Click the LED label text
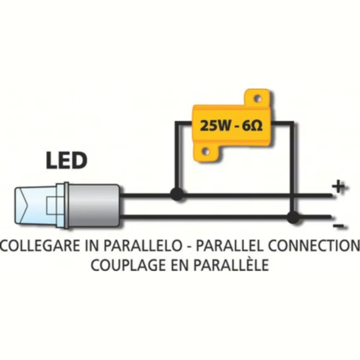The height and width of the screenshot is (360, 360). (x=67, y=161)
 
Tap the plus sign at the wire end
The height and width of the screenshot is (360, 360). (x=339, y=187)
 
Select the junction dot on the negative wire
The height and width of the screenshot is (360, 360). (x=292, y=216)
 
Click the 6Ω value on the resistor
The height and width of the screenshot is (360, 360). (x=252, y=126)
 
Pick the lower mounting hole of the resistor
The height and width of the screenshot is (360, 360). (x=206, y=152)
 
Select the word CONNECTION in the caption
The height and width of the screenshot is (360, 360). (x=314, y=246)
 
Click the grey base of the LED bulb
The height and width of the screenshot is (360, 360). (x=94, y=205)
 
